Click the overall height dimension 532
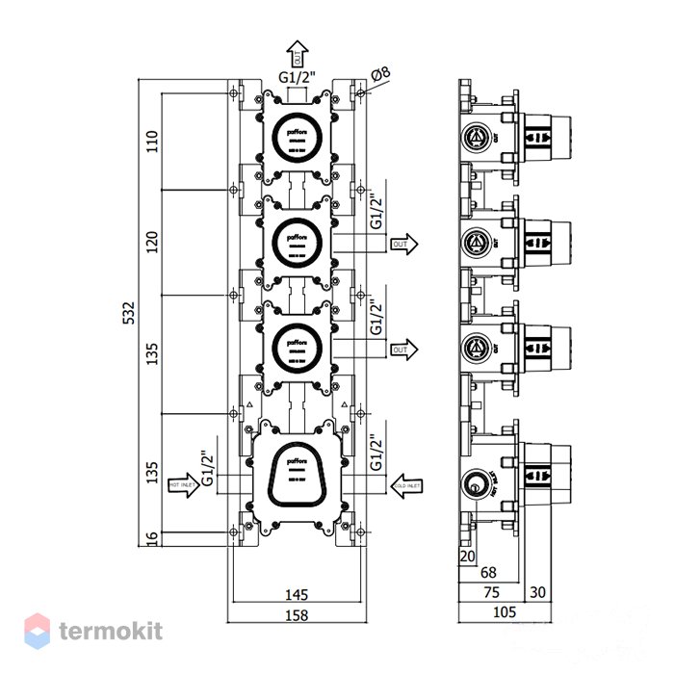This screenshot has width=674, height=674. (x=142, y=313)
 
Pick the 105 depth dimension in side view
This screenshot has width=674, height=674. (x=505, y=611)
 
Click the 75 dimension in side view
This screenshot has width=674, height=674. (x=492, y=592)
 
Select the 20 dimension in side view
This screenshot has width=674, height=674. (x=468, y=556)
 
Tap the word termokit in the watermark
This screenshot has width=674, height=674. (x=110, y=631)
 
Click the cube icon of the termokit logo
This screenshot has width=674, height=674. (x=37, y=631)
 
